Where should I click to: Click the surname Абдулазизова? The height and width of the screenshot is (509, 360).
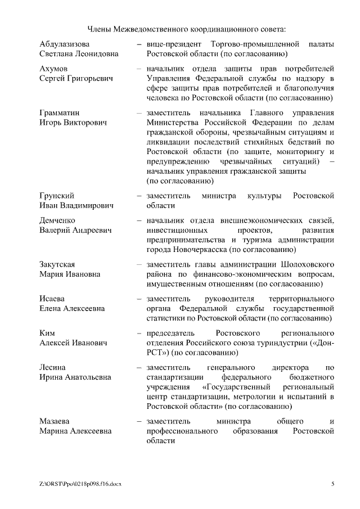(65, 44)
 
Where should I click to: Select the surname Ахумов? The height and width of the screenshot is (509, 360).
(54, 68)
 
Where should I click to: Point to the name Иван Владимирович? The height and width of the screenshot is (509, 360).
(76, 206)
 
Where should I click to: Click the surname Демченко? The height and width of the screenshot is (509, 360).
(57, 220)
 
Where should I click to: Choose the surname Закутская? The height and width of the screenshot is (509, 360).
(57, 264)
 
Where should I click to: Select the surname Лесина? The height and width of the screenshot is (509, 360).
(53, 367)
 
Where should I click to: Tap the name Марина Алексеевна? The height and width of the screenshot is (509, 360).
(75, 431)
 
